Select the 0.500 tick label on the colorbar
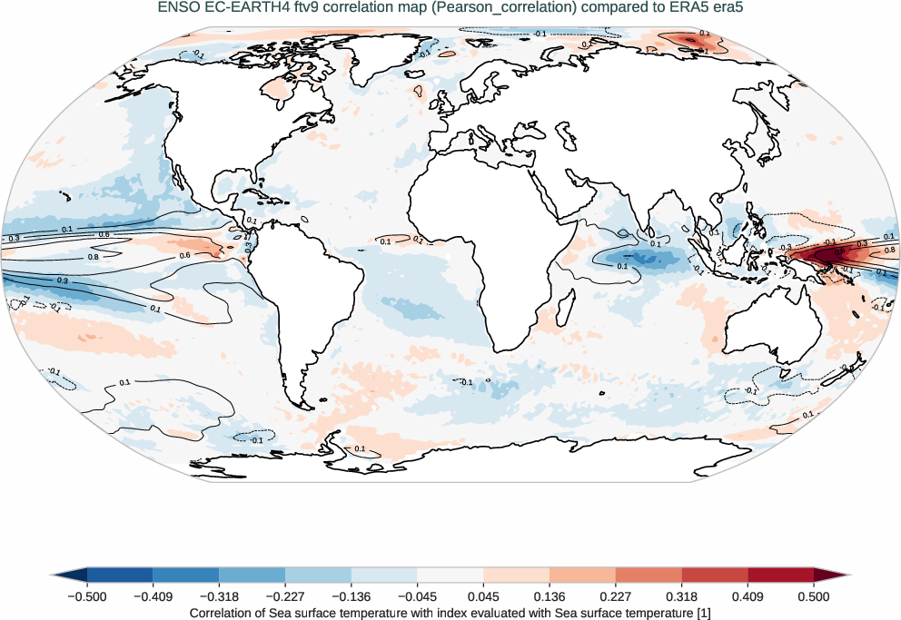coord(814,596)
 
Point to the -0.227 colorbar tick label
coord(284,596)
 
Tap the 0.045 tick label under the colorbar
coord(483,596)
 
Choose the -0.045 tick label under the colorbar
coord(417,596)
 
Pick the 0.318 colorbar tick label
coord(681,596)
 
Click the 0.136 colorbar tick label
coord(550,596)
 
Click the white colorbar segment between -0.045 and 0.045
coord(450,575)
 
